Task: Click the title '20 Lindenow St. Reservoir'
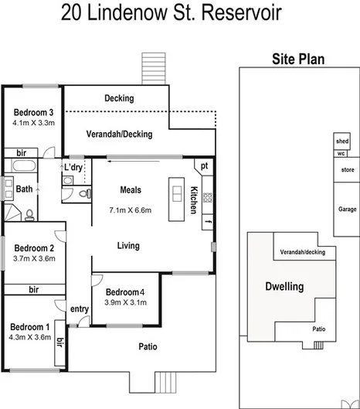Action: [171, 13]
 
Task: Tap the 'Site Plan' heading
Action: [297, 59]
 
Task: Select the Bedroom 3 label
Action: [32, 112]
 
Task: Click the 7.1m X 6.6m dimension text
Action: [130, 210]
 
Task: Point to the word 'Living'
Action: [128, 246]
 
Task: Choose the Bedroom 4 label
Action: [124, 291]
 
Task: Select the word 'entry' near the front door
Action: [80, 309]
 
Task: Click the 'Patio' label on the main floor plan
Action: [148, 346]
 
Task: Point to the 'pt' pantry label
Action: [204, 165]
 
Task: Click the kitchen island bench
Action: [176, 193]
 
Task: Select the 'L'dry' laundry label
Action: [74, 167]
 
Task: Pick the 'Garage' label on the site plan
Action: [347, 210]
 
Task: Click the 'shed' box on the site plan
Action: [341, 141]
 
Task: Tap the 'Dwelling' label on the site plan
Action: [285, 286]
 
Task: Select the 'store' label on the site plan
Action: [347, 169]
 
